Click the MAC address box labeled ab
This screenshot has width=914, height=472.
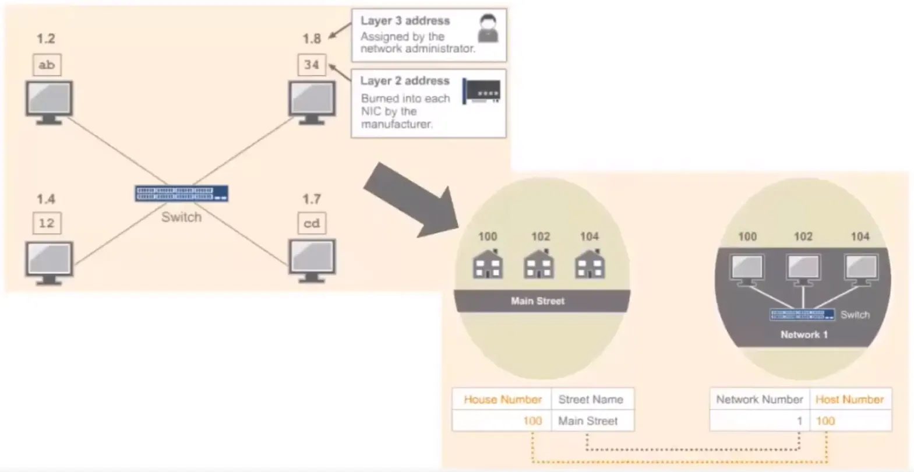[x=47, y=65]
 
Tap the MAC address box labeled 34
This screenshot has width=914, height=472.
[x=312, y=65]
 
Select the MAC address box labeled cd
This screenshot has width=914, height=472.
[x=312, y=223]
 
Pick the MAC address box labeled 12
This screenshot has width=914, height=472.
[x=47, y=223]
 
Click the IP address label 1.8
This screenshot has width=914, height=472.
[x=312, y=39]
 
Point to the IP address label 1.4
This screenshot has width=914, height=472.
[x=46, y=199]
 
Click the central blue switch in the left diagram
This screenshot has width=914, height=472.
[x=181, y=193]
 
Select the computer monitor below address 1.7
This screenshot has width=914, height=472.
[x=312, y=260]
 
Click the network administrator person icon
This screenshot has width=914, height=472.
[x=488, y=29]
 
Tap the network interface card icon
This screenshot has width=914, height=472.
[x=481, y=91]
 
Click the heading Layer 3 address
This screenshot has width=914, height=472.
[x=405, y=21]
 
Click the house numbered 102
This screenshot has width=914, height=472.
[x=539, y=265]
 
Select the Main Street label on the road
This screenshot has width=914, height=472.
[x=538, y=301]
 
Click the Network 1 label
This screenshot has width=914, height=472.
[x=804, y=334]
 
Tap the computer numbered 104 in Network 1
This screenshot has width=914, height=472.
[x=860, y=269]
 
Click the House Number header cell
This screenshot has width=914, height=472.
[x=502, y=400]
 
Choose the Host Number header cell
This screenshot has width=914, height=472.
[x=849, y=400]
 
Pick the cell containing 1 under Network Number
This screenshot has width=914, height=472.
[x=760, y=421]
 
